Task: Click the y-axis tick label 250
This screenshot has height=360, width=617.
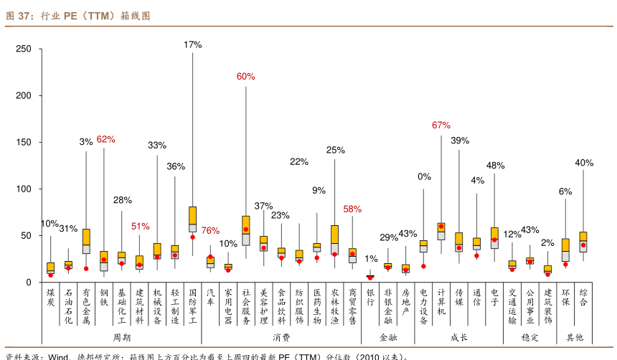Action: pos(24,49)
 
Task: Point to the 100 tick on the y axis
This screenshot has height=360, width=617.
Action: pos(24,189)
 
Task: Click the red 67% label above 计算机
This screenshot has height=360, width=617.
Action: pos(441,125)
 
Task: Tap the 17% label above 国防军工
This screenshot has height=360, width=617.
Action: pos(192,44)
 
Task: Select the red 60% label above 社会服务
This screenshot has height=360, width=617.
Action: pos(246,76)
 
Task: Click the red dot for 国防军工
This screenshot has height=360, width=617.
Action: pos(192,237)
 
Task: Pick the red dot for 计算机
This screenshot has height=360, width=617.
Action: pos(441,227)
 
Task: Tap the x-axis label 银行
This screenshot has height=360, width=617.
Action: pos(370,298)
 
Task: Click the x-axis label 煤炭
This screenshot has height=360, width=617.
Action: pos(50,298)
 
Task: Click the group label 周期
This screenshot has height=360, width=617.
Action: pos(122,336)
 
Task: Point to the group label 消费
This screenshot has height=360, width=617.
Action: pos(281,336)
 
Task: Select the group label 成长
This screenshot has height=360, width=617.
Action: pos(459,336)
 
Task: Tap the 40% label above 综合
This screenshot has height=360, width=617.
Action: pos(584,163)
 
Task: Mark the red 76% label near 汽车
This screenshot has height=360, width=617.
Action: pos(210,230)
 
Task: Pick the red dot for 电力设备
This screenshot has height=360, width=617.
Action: pos(423,266)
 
